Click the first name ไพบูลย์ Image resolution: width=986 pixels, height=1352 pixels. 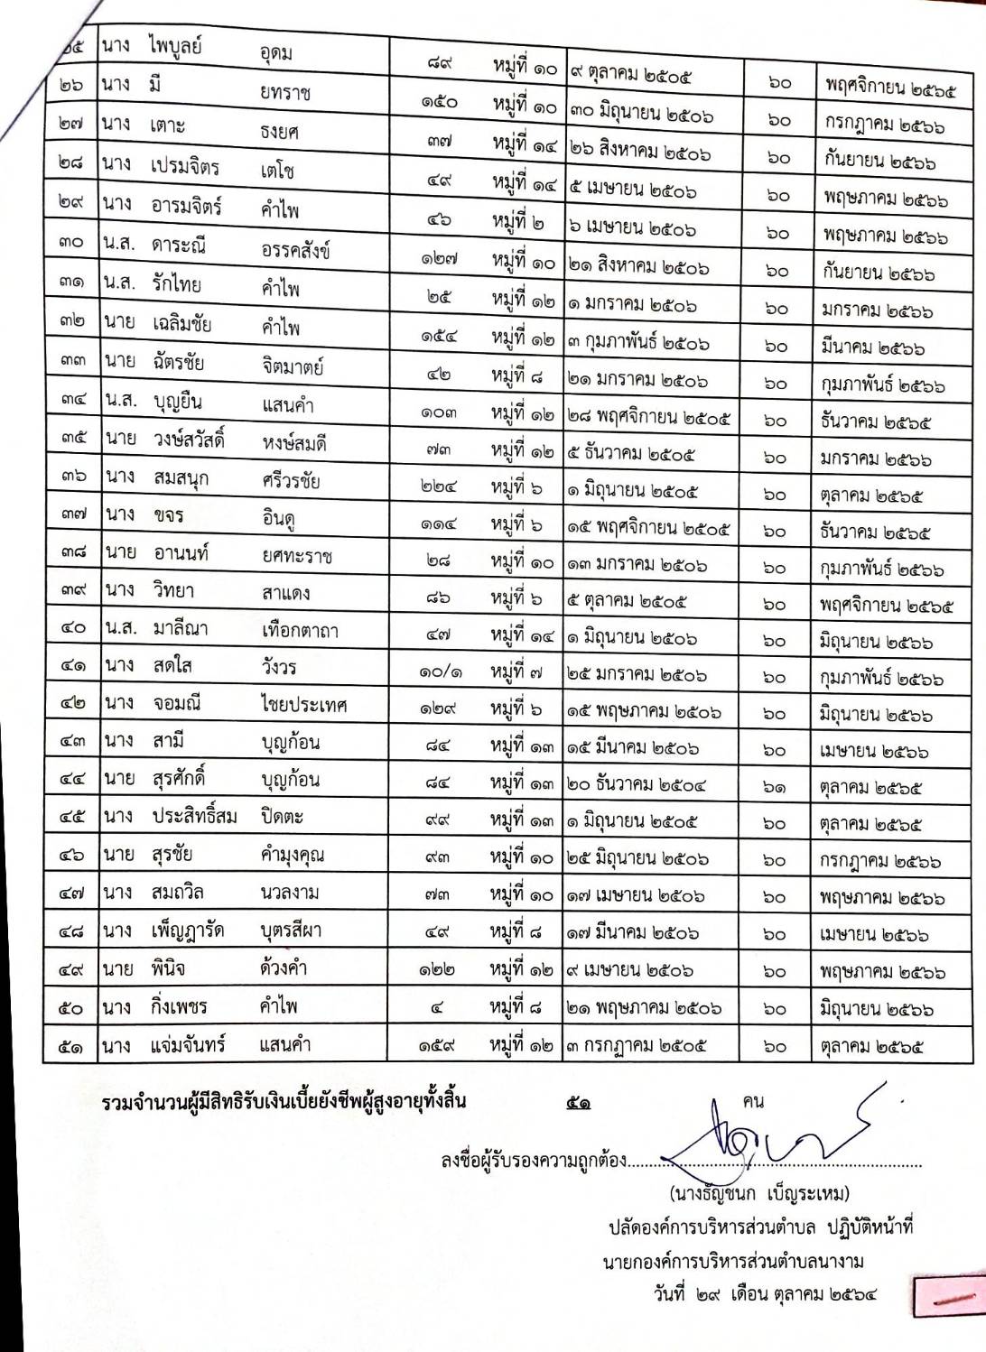(x=176, y=46)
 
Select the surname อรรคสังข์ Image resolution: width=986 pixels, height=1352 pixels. (x=295, y=249)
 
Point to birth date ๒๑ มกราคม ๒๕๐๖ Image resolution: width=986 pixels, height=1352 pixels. (x=638, y=381)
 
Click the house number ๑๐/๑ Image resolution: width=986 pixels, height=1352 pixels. (x=440, y=672)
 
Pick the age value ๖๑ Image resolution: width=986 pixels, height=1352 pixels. (x=774, y=786)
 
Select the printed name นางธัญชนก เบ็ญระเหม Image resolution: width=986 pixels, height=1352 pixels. (x=759, y=1194)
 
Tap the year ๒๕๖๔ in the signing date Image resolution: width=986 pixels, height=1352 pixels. (x=852, y=1294)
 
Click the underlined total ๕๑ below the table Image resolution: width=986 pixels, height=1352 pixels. (x=579, y=1102)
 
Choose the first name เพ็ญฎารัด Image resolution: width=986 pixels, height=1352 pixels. (x=188, y=930)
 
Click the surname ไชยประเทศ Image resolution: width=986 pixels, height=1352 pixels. (x=303, y=704)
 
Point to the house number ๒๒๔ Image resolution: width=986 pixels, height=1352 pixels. (x=439, y=486)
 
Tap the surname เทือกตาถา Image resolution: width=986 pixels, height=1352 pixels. (x=300, y=630)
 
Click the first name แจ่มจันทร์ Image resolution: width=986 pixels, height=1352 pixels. (x=189, y=1045)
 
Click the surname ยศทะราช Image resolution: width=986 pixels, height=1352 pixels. (x=297, y=555)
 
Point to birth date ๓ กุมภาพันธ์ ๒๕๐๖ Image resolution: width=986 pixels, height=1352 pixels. (x=638, y=343)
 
